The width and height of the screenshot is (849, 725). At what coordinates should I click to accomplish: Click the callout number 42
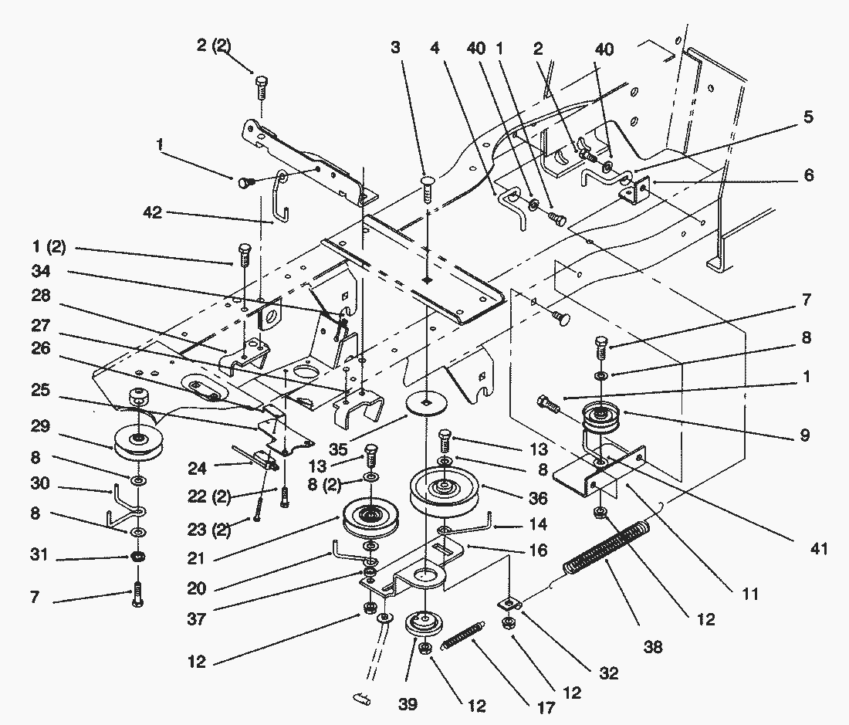pos(152,212)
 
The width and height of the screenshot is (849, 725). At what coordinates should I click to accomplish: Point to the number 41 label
pos(818,549)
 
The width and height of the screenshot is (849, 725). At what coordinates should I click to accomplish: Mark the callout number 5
pos(807,118)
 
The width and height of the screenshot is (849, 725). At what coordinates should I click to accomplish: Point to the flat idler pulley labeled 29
pos(137,443)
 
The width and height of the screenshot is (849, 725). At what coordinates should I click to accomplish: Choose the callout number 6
pos(807,176)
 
